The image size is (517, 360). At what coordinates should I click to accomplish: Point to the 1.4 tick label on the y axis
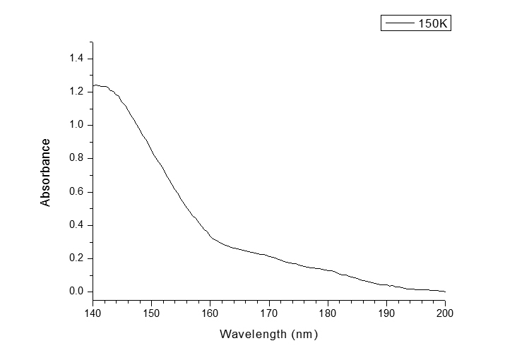pyautogui.click(x=76, y=58)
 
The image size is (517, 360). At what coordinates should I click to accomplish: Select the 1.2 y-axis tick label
pyautogui.click(x=76, y=91)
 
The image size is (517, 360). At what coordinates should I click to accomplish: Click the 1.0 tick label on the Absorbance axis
pyautogui.click(x=76, y=125)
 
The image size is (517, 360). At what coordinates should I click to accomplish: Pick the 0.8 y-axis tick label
pyautogui.click(x=76, y=158)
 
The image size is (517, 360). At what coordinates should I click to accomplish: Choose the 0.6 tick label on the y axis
pyautogui.click(x=76, y=191)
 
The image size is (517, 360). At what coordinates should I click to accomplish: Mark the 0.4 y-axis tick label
pyautogui.click(x=76, y=225)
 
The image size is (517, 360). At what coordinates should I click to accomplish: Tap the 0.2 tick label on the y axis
pyautogui.click(x=76, y=258)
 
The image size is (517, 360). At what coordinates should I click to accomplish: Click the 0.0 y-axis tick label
pyautogui.click(x=76, y=292)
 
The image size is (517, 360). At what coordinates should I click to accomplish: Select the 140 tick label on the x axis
pyautogui.click(x=93, y=313)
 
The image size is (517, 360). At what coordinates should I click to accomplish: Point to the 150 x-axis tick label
pyautogui.click(x=152, y=313)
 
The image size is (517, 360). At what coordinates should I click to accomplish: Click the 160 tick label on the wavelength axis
pyautogui.click(x=210, y=313)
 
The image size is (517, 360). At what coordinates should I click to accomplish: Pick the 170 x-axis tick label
pyautogui.click(x=269, y=313)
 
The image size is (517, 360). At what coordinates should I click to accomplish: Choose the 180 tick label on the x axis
pyautogui.click(x=328, y=313)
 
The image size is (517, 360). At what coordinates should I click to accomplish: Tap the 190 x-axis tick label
pyautogui.click(x=386, y=313)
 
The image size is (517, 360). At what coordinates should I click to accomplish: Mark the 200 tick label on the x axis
pyautogui.click(x=445, y=313)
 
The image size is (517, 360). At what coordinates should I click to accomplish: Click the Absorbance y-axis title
pyautogui.click(x=46, y=173)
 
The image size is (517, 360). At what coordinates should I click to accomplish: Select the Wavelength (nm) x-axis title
pyautogui.click(x=269, y=334)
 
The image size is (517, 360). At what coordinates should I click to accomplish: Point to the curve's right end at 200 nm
pyautogui.click(x=445, y=291)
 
